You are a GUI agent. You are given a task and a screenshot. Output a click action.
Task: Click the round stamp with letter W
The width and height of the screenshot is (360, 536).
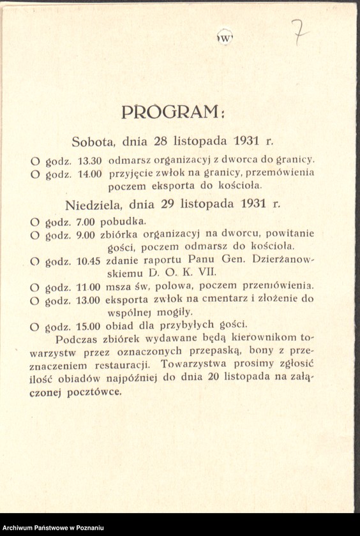tap(225, 36)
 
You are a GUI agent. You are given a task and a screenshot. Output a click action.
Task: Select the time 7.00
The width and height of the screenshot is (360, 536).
tap(86, 221)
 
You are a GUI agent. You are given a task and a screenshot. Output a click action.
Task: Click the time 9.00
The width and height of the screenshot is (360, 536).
tap(86, 234)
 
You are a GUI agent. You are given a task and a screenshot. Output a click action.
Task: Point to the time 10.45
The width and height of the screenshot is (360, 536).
tap(89, 260)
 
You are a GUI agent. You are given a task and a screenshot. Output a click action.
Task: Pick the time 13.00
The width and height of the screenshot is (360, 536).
tap(89, 299)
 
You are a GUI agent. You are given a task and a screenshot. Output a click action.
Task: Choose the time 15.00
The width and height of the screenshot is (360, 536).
tap(89, 326)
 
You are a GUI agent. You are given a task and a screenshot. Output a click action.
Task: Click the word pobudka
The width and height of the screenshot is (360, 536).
tap(128, 221)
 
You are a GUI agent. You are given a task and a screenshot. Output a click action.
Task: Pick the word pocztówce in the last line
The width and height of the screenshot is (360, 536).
tap(97, 391)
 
